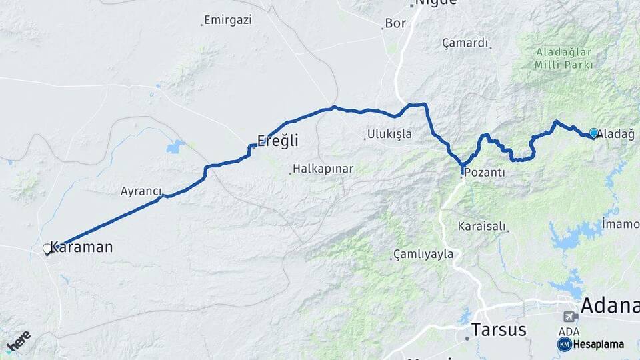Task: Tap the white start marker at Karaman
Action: coord(47,249)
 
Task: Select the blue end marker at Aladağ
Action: coord(593,133)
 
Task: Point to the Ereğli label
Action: coord(277,141)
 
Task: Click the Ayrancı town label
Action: coord(141,191)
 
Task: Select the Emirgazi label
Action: coord(228,20)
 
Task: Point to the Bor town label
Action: coord(395,24)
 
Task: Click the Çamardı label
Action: coord(465,43)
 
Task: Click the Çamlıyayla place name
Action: coord(423,254)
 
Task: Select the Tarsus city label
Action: coord(499,329)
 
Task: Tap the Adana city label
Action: coord(609,306)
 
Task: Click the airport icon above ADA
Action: coord(570,317)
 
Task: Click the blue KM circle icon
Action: coord(565,344)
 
